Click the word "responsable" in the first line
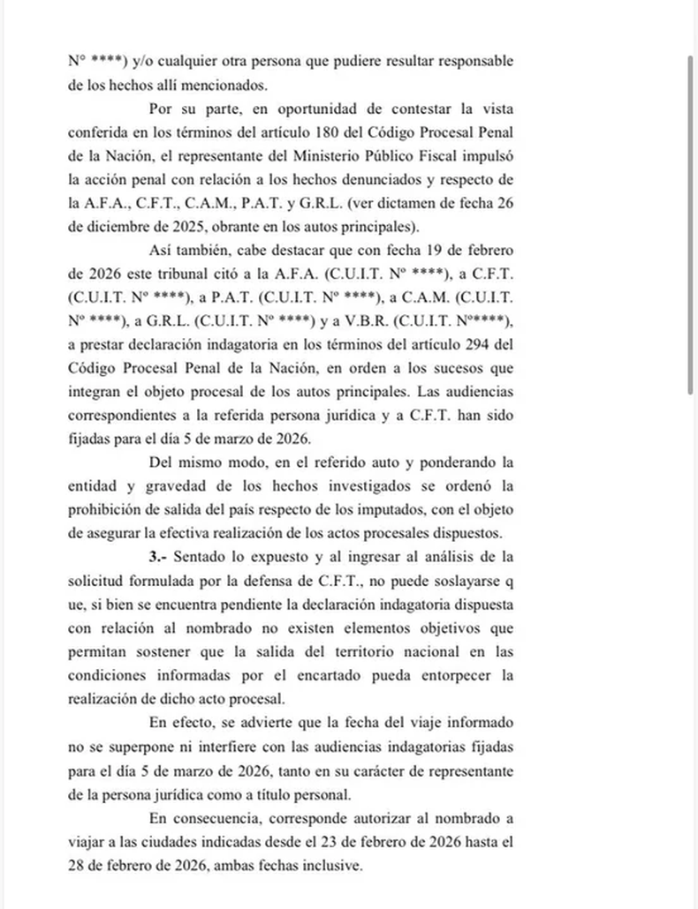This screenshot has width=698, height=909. [x=465, y=63]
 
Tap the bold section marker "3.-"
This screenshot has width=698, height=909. [x=160, y=558]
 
